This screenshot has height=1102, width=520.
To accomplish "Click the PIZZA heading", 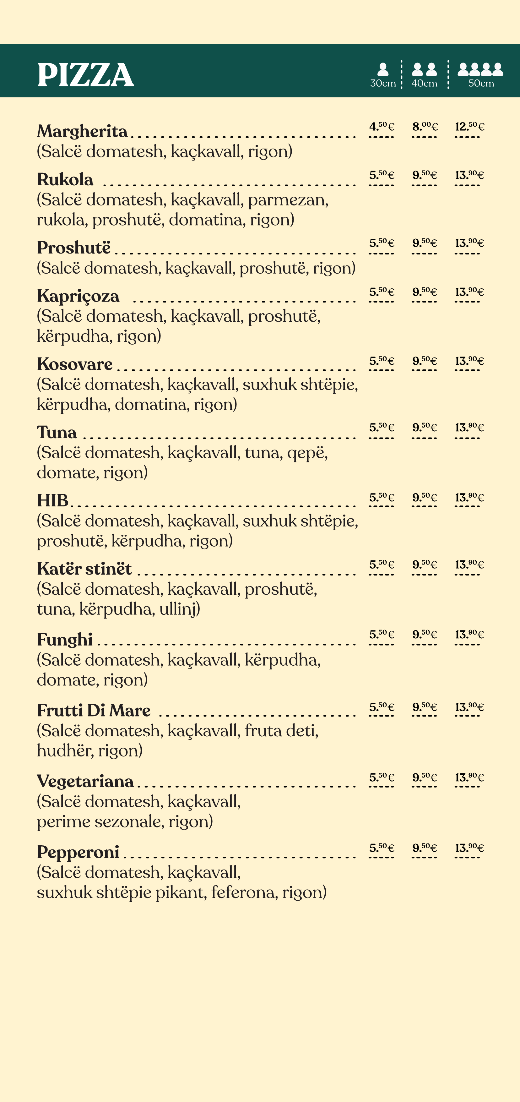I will coord(85,75).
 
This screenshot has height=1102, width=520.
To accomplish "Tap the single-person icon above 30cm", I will coord(383,69).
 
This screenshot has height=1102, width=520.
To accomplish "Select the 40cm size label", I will coord(424,84).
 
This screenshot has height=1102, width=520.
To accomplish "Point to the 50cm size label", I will coord(481,84).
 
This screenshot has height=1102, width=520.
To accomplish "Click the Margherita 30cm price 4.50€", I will coord(382,127).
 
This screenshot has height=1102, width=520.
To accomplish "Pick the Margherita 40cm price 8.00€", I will coord(425,127).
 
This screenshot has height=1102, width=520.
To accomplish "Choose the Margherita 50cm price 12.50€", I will coord(469,127).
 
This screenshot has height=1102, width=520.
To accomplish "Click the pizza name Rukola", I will coord(65,180).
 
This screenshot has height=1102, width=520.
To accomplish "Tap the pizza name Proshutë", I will coord(73,248).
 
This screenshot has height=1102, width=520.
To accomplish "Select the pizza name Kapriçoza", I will coord(78,296).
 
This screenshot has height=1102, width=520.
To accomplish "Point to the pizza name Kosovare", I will coord(75,364).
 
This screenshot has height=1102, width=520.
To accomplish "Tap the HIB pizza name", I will coord(53,500).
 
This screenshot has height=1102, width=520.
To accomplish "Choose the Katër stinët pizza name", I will coord(84,569).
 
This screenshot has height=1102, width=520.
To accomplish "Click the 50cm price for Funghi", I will coord(469,635).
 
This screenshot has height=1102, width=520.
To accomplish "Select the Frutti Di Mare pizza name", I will coord(94,711).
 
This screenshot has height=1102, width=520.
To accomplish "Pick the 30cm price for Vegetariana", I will coord(382,777).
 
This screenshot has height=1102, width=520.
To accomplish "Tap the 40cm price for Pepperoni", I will coord(425,848).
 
